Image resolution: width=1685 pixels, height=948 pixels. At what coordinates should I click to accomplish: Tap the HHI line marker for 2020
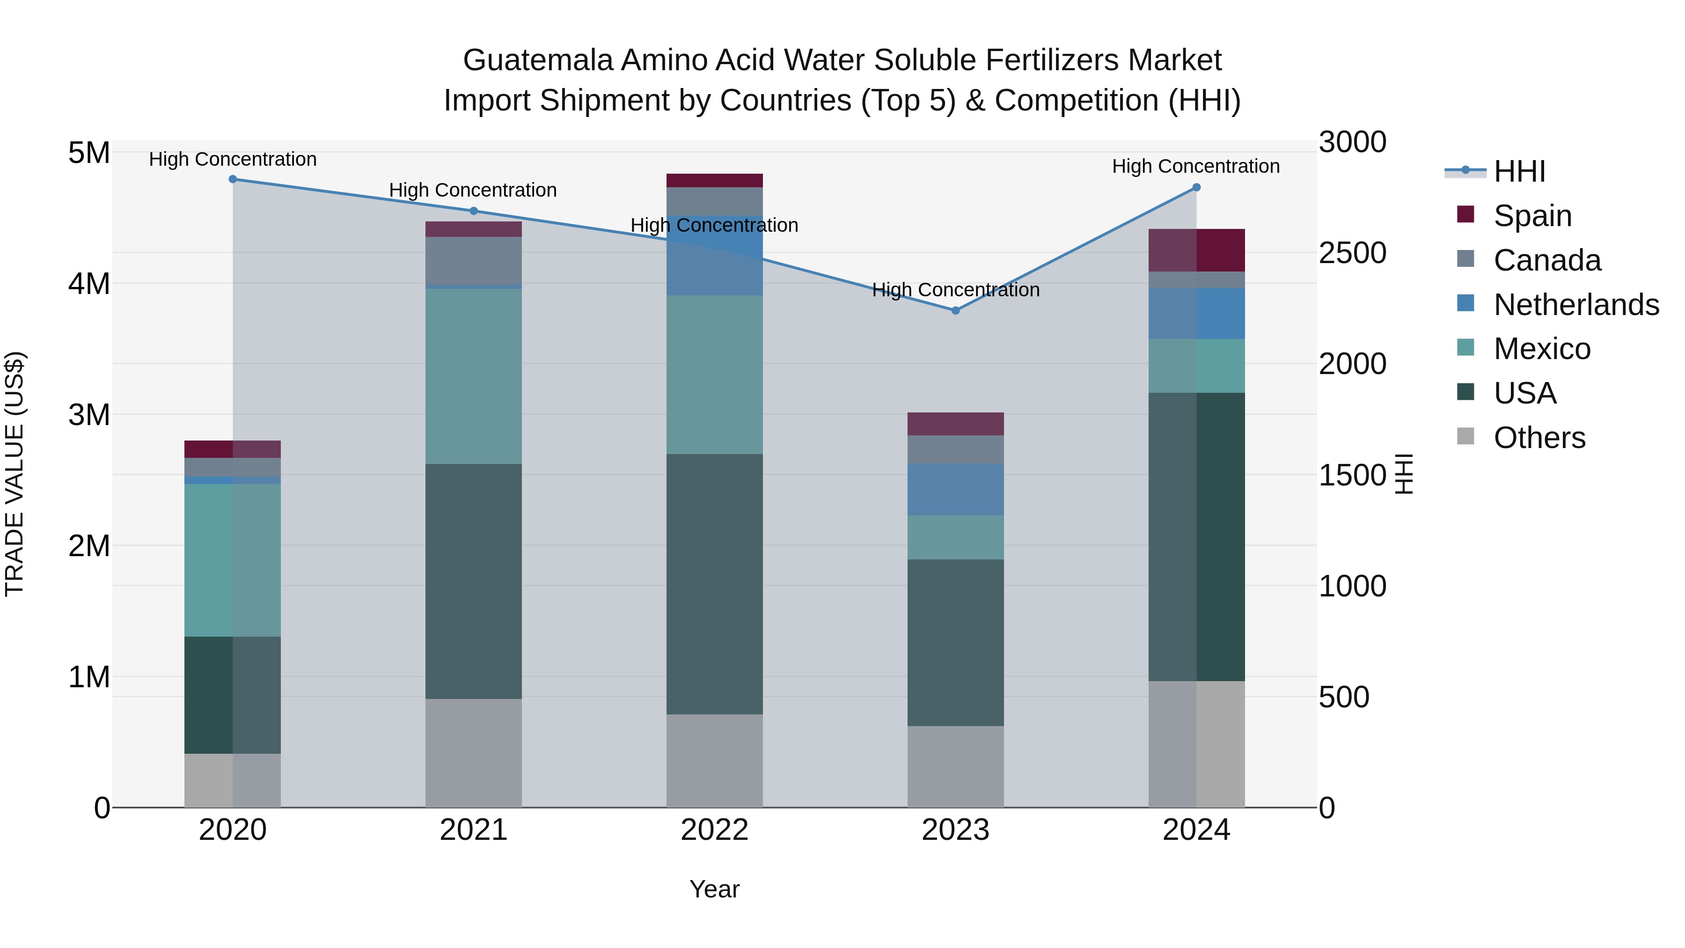233,179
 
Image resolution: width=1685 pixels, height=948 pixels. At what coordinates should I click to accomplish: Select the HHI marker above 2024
1196,187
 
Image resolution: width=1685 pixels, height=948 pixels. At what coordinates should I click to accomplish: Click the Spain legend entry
1532,215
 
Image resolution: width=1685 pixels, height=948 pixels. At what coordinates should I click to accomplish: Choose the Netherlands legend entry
1575,304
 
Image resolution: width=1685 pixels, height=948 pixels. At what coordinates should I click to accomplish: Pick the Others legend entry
1538,437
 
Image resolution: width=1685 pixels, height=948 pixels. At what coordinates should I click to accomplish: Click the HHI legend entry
1519,171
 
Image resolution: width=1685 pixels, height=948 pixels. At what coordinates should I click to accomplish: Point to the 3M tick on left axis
89,415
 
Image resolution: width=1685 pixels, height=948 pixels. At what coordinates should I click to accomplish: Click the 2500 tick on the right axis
1351,253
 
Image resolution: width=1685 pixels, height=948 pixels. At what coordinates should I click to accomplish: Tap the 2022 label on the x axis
714,830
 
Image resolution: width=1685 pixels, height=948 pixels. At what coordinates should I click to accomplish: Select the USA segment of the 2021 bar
474,581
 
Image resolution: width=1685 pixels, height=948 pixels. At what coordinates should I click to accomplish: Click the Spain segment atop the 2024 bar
1196,250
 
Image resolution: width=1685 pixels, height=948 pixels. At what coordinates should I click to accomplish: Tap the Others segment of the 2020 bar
233,780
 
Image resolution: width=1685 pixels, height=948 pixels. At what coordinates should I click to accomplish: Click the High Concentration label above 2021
473,191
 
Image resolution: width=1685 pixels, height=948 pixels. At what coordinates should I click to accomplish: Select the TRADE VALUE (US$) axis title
15,474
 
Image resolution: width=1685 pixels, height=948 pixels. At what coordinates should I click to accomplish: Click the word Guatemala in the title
538,60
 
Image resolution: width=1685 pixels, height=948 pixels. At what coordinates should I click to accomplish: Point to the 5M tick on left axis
89,153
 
